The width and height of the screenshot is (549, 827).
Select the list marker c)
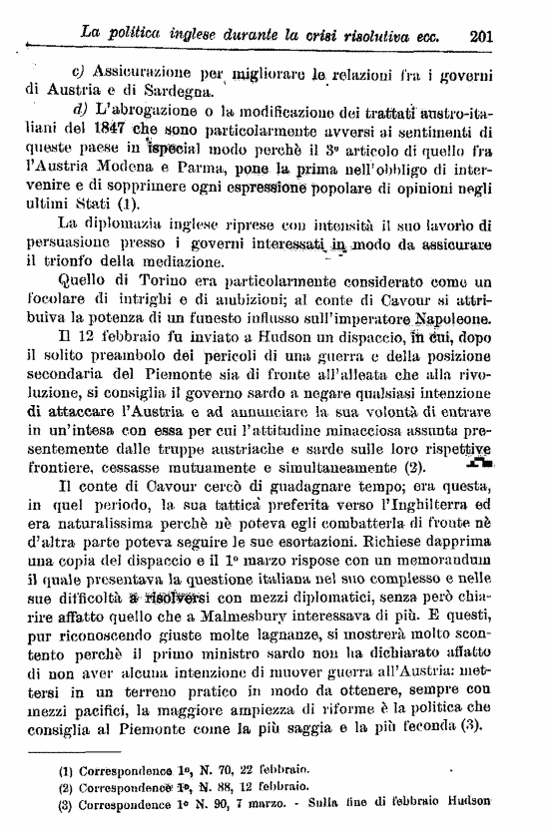81,73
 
